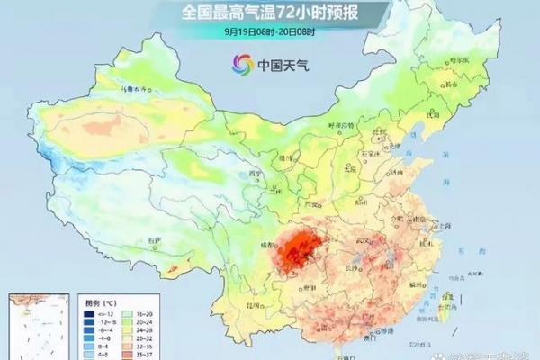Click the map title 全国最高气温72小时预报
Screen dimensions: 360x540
pos(270,13)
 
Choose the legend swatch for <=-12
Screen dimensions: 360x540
pos(90,310)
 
